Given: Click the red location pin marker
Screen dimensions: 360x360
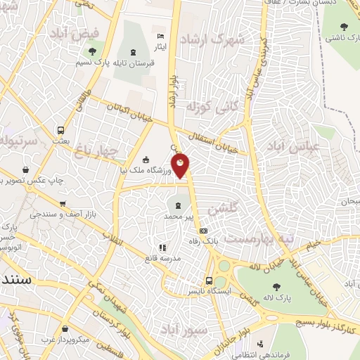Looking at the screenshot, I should click(x=181, y=166).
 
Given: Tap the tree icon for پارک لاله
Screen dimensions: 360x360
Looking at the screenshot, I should click(x=293, y=288).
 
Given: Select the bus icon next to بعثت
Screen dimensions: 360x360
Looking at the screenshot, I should click(x=61, y=130).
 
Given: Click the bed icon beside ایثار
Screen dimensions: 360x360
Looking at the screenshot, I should click(x=160, y=36).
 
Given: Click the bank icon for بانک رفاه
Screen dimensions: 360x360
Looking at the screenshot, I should click(x=204, y=231).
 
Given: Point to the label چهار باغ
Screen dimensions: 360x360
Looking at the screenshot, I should click(x=103, y=150).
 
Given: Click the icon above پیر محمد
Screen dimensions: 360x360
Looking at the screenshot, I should click(x=178, y=206).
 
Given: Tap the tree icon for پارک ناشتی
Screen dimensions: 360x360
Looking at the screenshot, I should click(x=344, y=27).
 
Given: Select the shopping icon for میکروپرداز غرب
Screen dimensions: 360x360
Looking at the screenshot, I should click(x=65, y=329).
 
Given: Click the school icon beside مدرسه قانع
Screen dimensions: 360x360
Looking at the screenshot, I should click(x=163, y=247).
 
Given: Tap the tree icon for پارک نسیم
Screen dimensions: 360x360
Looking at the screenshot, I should click(x=91, y=51).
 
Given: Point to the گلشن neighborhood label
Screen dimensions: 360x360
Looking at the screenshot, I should click(x=223, y=209).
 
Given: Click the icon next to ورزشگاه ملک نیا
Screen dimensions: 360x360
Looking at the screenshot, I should click(x=146, y=160).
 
